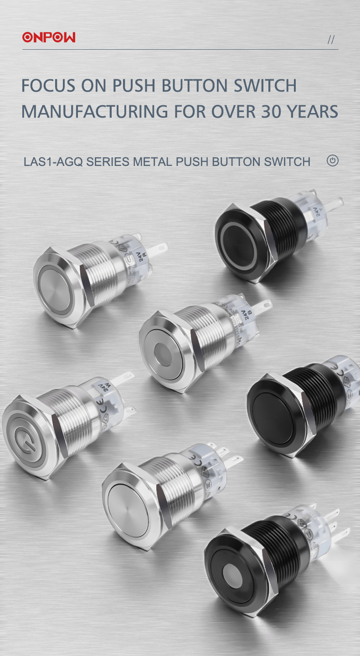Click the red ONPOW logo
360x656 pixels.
(49, 37)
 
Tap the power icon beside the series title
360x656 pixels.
(333, 160)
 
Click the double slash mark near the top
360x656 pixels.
(331, 40)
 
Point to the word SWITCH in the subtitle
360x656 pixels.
(287, 161)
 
